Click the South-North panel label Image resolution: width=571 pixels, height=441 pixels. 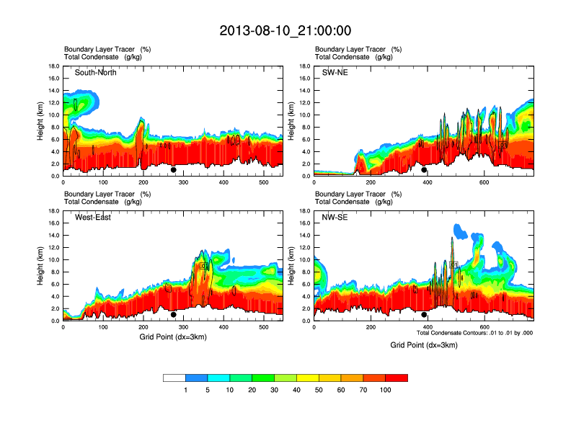(95, 72)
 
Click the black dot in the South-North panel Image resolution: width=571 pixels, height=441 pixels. (173, 170)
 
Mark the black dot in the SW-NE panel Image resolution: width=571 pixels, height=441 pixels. (424, 170)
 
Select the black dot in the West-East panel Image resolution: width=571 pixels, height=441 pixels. (173, 315)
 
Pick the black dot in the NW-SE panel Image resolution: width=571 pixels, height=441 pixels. (424, 315)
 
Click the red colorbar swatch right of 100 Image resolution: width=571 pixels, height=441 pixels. (397, 378)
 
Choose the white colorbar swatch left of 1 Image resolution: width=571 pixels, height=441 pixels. (174, 378)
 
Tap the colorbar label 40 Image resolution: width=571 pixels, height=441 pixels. (297, 390)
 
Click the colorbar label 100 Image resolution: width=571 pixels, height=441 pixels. (386, 390)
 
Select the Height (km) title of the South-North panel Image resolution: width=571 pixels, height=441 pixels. (41, 120)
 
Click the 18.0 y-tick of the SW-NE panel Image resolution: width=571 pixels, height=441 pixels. (304, 66)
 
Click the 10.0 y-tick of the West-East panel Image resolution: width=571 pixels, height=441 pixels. (53, 259)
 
